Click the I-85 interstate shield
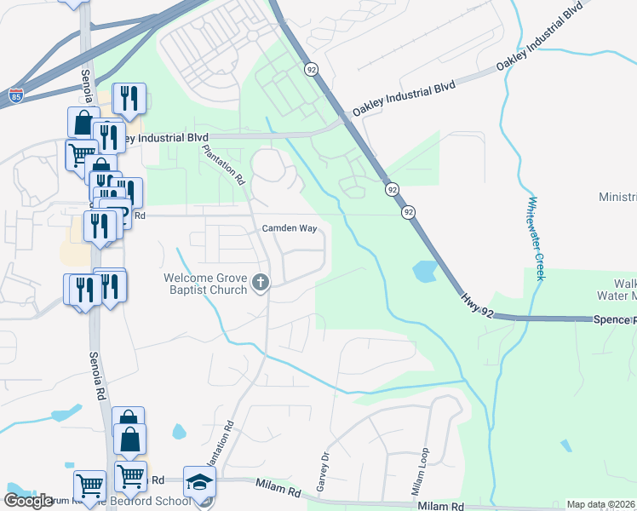pyautogui.click(x=15, y=96)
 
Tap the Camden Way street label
pyautogui.click(x=290, y=229)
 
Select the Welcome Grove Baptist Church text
pyautogui.click(x=207, y=284)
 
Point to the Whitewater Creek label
pyautogui.click(x=534, y=238)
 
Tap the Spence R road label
pyautogui.click(x=616, y=319)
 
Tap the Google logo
pyautogui.click(x=28, y=500)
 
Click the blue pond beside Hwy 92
pyautogui.click(x=423, y=272)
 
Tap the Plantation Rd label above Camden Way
pyautogui.click(x=223, y=164)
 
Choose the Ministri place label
pyautogui.click(x=617, y=197)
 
